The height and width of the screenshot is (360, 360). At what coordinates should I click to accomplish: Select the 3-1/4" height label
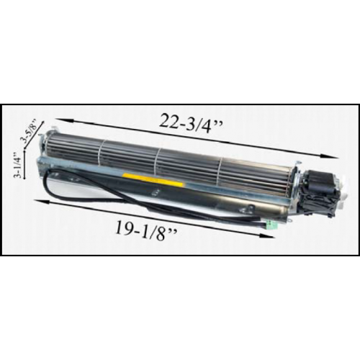coord(17,164)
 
